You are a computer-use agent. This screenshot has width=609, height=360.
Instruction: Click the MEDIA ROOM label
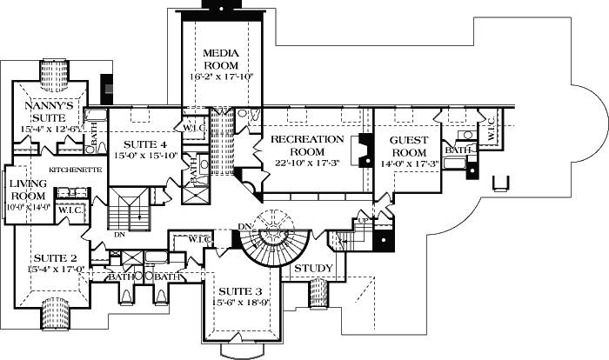tap(221, 59)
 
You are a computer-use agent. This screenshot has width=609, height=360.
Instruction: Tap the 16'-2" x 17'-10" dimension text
tap(221, 77)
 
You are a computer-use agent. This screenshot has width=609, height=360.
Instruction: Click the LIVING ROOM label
tap(27, 190)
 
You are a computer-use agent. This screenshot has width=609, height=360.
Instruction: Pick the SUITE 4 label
tap(140, 144)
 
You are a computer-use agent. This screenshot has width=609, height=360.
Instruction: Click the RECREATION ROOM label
tap(304, 146)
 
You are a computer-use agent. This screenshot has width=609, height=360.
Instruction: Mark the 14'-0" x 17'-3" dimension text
tap(407, 163)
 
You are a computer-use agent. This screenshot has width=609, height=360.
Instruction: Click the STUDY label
tap(311, 267)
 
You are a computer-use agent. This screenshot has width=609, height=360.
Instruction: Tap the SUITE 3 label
tap(235, 290)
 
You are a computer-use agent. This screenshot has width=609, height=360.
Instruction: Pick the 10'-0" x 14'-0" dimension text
tap(27, 207)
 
